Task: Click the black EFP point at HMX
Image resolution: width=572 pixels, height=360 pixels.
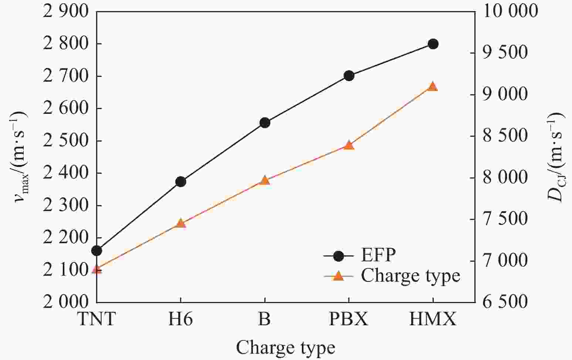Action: [x=433, y=44]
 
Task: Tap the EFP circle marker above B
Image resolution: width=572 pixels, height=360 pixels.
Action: [x=265, y=123]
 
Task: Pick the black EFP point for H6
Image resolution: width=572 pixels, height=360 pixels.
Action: [x=181, y=181]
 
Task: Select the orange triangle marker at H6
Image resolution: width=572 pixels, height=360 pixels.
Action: [x=181, y=223]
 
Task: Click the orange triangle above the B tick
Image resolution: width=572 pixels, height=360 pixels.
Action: [x=265, y=180]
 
